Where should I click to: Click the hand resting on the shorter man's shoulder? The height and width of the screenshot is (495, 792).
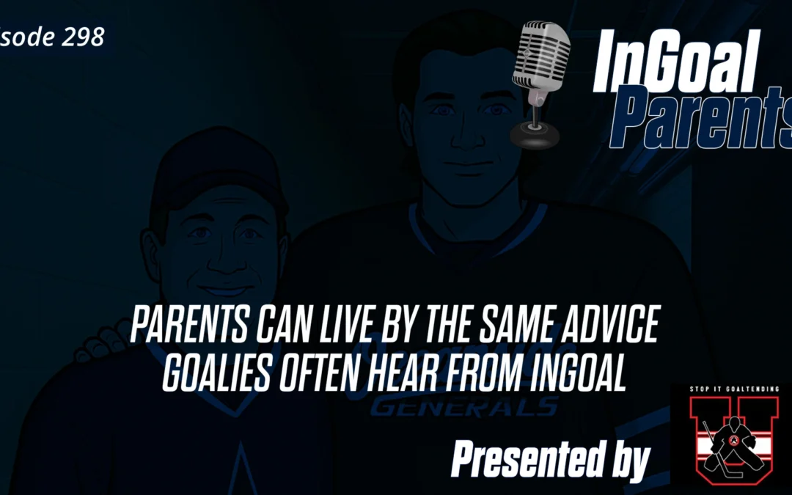(x=110, y=337)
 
